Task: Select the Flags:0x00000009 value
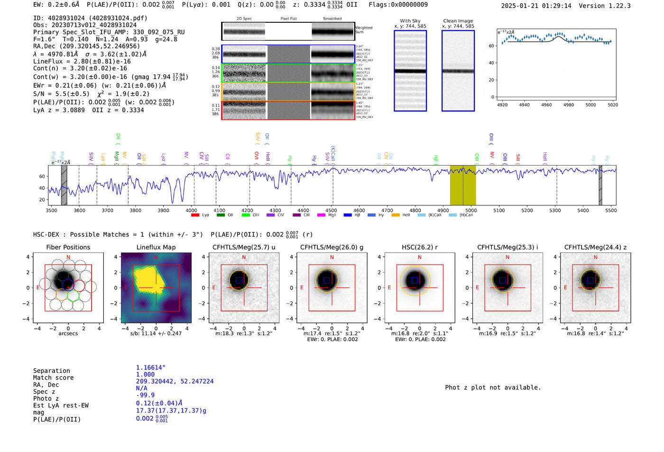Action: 398,4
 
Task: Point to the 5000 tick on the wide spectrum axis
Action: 471,210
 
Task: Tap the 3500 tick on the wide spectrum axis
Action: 51,210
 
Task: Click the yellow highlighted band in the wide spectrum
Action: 462,185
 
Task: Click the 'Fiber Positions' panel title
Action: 68,247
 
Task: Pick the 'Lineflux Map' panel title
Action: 156,247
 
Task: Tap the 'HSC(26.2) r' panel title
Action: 419,247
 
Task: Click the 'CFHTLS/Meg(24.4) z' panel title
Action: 595,247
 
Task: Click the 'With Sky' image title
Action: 410,21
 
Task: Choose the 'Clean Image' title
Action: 458,21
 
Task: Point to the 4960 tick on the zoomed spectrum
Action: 546,105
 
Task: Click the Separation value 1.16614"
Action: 151,368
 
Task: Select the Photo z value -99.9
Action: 145,395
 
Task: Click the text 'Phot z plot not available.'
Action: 493,387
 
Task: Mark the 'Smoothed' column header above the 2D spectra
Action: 332,19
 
